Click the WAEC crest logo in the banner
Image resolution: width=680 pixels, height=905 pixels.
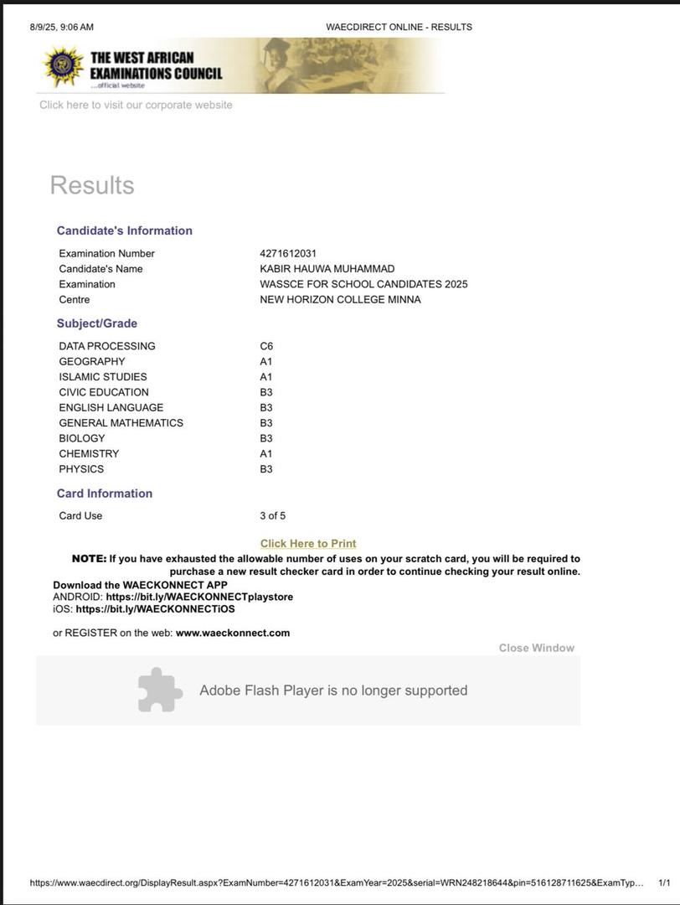[64, 66]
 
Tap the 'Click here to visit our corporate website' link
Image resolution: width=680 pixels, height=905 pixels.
[136, 105]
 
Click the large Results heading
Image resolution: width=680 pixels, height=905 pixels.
[92, 185]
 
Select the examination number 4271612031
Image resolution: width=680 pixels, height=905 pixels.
[288, 253]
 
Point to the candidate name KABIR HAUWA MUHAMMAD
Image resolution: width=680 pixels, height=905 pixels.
[327, 269]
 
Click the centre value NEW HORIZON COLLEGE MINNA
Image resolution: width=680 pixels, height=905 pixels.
[340, 300]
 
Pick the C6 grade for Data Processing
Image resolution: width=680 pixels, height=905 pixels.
[266, 346]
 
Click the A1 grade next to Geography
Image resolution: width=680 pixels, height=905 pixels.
[266, 361]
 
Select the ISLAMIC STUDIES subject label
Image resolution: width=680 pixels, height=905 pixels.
[102, 377]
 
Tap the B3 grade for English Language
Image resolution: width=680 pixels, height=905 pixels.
[266, 407]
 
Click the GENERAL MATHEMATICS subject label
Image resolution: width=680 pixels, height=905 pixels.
[121, 423]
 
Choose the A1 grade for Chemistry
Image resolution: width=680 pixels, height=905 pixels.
[266, 453]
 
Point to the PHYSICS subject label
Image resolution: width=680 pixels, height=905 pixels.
[81, 469]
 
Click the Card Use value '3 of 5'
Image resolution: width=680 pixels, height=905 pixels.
[272, 515]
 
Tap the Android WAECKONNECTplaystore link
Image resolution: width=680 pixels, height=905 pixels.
[199, 597]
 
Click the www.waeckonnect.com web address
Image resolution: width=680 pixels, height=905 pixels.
[233, 633]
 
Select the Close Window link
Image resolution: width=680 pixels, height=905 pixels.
[536, 648]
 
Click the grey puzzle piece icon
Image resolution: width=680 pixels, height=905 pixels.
[159, 690]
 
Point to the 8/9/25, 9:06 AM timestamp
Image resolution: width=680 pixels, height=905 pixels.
[62, 27]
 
